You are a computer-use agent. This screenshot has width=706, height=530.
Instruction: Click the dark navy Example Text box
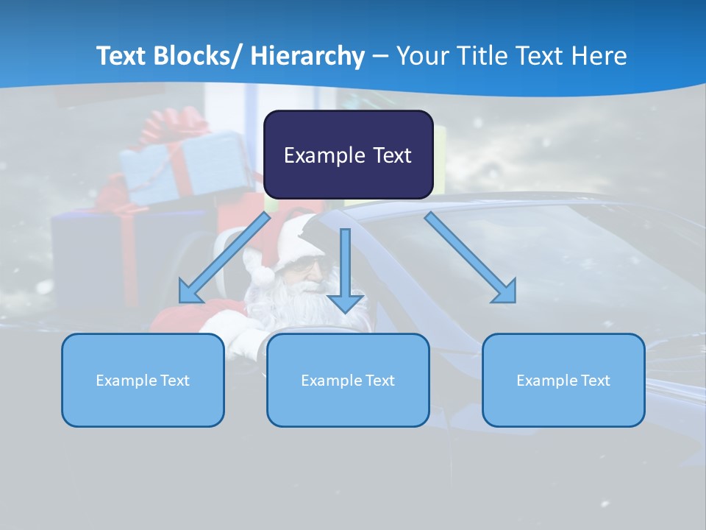[348, 155]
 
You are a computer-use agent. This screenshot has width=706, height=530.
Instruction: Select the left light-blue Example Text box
[143, 380]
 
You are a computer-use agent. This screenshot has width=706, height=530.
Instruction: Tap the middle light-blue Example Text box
[348, 380]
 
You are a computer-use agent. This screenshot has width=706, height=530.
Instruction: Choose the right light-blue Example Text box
[563, 380]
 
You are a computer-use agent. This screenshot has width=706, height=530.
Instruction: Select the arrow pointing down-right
[471, 258]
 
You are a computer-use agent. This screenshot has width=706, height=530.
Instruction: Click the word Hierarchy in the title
[307, 56]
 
